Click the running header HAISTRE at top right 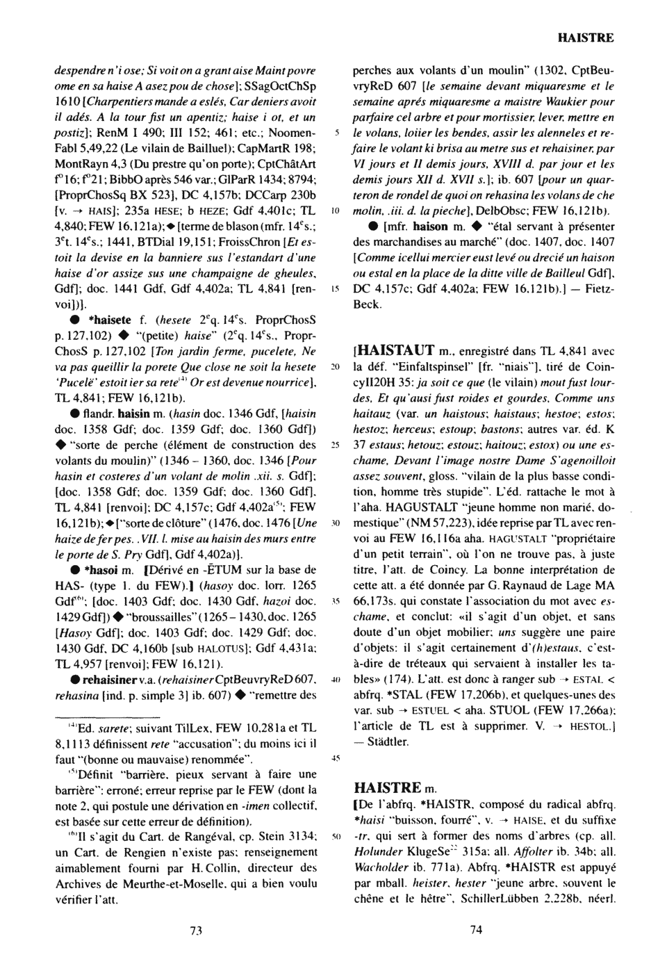(x=585, y=38)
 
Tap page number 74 (x=476, y=931)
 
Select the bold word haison (x=430, y=227)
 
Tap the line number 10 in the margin (x=335, y=211)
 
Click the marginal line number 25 (x=335, y=445)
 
